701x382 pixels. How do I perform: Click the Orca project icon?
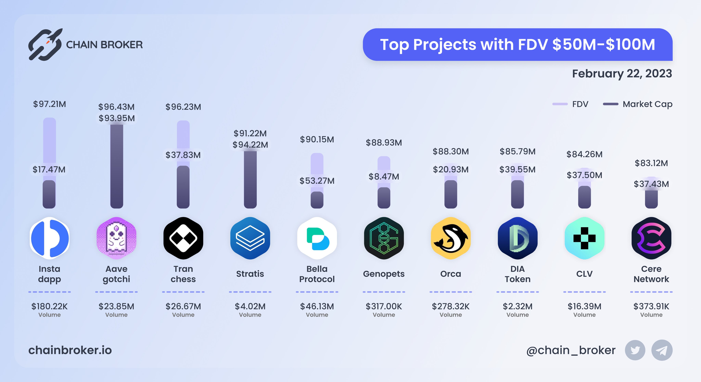point(451,238)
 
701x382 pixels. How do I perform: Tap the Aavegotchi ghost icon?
point(117,238)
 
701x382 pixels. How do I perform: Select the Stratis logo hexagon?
point(250,238)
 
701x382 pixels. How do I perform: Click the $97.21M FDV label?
point(49,104)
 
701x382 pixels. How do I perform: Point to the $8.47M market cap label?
point(384,177)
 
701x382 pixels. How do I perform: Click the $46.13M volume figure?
point(317,306)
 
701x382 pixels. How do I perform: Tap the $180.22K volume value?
point(49,306)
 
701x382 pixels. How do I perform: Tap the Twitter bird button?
point(635,350)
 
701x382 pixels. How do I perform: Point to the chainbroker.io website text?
point(70,350)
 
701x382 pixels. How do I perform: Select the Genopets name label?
point(384,274)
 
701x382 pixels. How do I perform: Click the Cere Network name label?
point(651,274)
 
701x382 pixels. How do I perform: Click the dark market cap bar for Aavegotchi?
point(117,166)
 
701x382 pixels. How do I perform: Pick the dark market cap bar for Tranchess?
point(183,188)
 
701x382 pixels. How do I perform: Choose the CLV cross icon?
point(584,238)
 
